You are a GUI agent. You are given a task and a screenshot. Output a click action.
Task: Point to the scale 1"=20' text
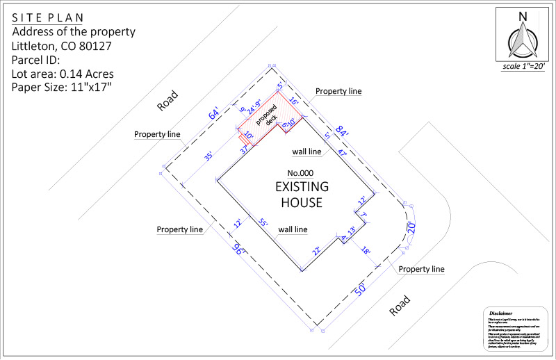[523, 67]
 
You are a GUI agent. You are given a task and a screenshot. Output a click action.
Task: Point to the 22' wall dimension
[316, 251]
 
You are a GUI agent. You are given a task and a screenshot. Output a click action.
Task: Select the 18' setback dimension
[366, 250]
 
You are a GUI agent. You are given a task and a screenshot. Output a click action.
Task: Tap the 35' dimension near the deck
[208, 157]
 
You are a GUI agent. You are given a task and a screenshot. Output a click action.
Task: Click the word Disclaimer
[500, 313]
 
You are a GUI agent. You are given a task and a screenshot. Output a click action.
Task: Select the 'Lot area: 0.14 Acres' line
[63, 74]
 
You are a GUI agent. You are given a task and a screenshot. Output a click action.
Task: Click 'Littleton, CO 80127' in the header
[63, 46]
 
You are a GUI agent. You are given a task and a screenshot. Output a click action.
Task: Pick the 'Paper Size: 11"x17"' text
[62, 88]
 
